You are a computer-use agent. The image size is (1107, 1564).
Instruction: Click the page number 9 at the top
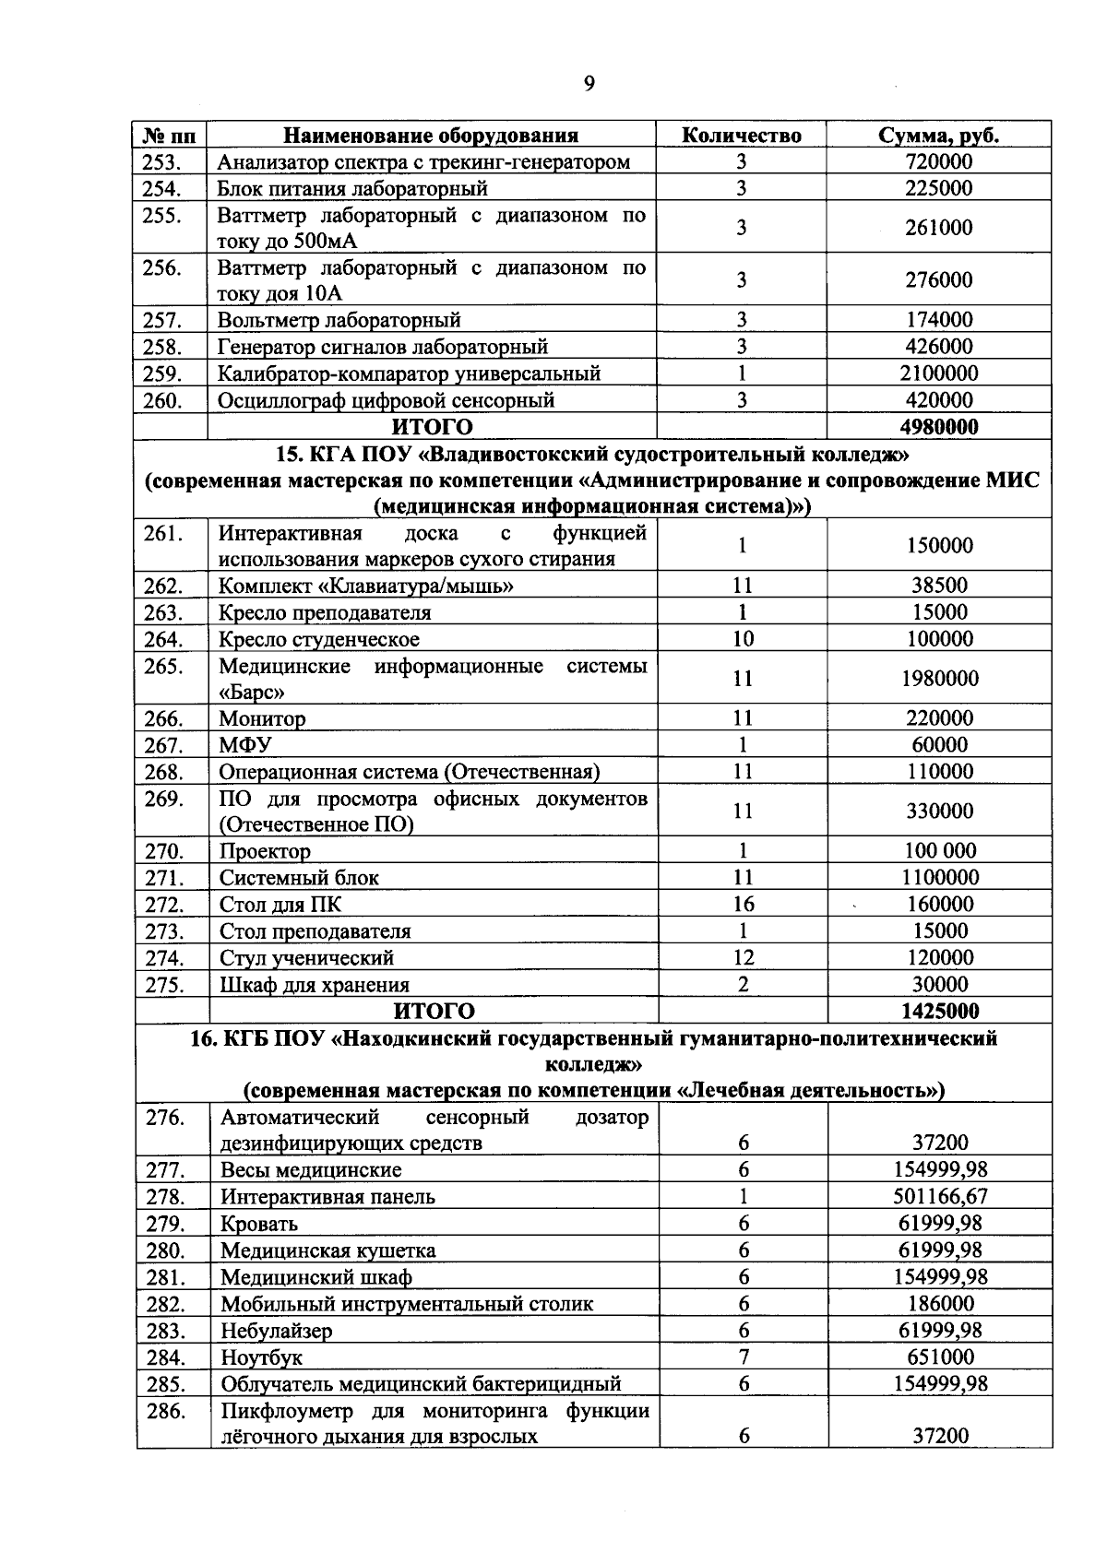click(589, 86)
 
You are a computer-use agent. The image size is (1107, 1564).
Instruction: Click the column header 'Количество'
click(741, 136)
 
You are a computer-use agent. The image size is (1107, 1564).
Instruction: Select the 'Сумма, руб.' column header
click(938, 136)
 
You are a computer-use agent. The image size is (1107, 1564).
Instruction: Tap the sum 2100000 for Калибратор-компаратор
click(938, 373)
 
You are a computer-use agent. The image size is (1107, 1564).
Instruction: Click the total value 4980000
click(938, 427)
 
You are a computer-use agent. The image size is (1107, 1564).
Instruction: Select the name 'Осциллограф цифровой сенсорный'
click(386, 400)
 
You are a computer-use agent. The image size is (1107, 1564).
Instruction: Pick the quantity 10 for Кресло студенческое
click(743, 639)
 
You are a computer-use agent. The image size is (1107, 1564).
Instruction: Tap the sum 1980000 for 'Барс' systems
click(939, 679)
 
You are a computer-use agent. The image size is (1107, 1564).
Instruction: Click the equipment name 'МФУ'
click(244, 745)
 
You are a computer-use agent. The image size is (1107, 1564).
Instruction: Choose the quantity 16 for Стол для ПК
click(743, 905)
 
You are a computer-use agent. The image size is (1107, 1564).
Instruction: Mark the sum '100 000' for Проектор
click(939, 851)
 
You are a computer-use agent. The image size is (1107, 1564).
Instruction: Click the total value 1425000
click(939, 1011)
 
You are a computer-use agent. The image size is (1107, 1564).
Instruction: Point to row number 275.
click(164, 985)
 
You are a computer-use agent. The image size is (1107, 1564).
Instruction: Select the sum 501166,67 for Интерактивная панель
click(940, 1197)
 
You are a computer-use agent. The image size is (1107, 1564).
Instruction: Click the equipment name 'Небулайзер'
click(276, 1331)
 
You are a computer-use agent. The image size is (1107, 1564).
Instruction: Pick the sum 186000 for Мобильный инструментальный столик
click(940, 1304)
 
